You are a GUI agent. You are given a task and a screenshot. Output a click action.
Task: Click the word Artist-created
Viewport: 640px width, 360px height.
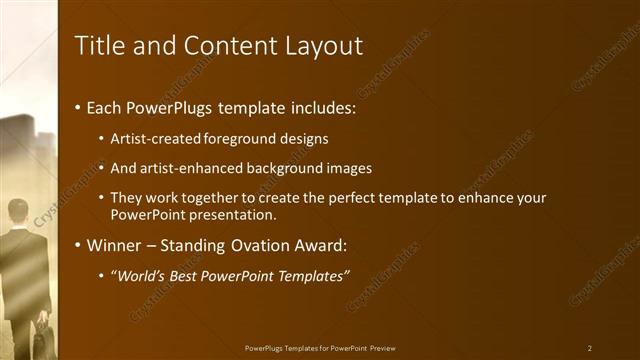pos(154,138)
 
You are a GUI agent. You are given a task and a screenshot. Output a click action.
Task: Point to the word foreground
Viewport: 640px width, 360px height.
pos(235,138)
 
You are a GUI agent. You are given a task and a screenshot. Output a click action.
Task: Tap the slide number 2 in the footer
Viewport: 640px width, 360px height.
pos(590,348)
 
